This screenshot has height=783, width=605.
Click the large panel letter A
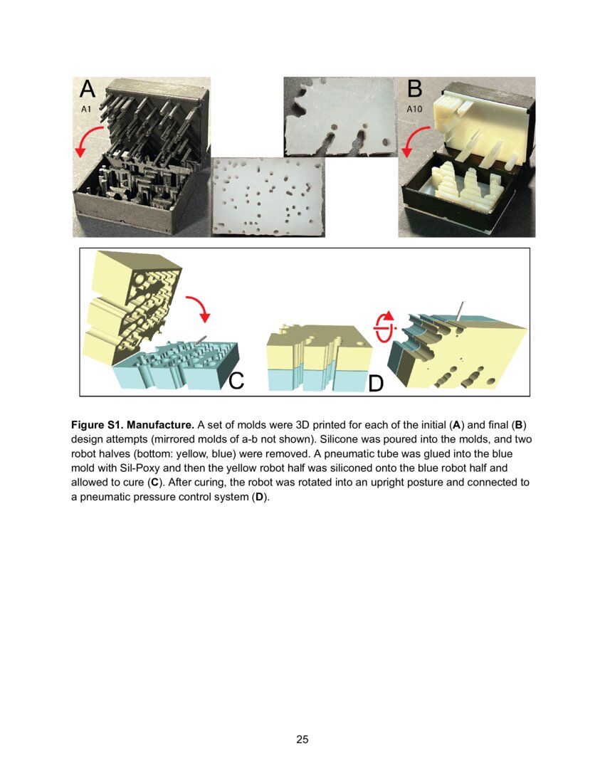pos(87,89)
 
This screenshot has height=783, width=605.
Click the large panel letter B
pos(415,89)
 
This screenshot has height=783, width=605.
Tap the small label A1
pos(86,110)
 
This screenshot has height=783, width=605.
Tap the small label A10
pos(415,110)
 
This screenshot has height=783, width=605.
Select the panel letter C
pos(236,380)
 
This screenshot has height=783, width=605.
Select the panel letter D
pos(376,384)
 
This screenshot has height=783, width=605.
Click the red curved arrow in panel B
pos(414,141)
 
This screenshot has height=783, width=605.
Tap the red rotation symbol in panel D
pos(384,326)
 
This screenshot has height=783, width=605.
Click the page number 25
pos(302,740)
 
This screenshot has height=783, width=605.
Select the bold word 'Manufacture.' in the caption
pos(160,425)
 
